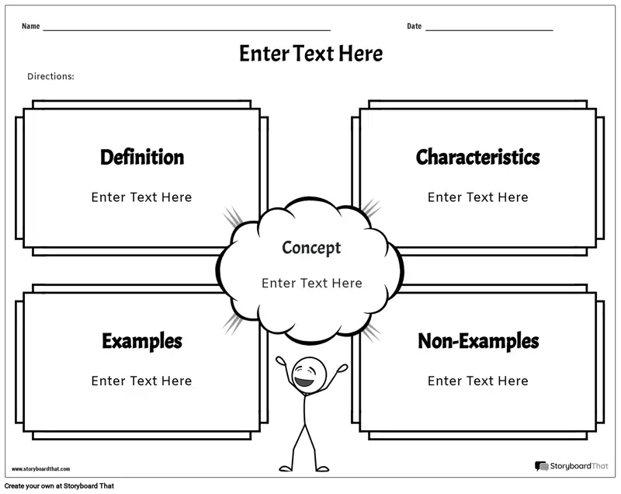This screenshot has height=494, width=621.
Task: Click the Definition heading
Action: point(142,157)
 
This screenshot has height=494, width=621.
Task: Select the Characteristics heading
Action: point(477,157)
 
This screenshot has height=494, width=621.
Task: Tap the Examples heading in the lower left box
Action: point(142,342)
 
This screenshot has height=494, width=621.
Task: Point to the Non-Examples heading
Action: point(478,341)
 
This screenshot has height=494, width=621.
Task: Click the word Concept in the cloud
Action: point(311,248)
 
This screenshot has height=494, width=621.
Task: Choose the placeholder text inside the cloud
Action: point(312,283)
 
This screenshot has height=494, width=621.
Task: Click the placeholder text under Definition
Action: point(141,197)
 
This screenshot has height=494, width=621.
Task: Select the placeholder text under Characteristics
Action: point(477,197)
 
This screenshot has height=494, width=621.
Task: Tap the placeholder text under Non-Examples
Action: point(477,381)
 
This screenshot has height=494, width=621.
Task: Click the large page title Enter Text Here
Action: point(311,54)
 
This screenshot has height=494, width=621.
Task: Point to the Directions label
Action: point(50,76)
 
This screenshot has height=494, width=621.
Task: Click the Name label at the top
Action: point(30,26)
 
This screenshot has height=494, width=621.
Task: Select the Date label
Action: point(415,26)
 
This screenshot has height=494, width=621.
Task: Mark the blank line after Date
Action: point(489,30)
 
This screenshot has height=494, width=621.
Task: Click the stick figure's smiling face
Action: point(309,374)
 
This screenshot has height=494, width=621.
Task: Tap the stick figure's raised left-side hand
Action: point(281,360)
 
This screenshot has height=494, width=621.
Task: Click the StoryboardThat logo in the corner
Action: point(571,466)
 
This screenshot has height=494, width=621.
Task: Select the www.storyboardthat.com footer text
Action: point(41,469)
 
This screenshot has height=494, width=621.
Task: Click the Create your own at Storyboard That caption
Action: point(60,486)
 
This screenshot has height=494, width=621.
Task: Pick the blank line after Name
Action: point(186,30)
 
